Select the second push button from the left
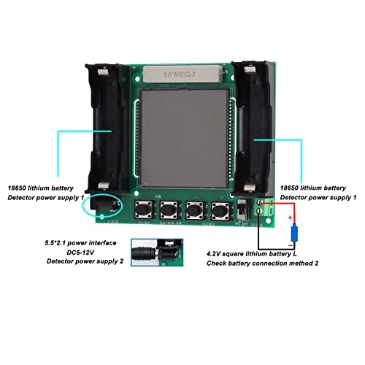point(170,210)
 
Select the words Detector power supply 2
point(82,260)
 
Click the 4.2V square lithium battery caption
point(258,252)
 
